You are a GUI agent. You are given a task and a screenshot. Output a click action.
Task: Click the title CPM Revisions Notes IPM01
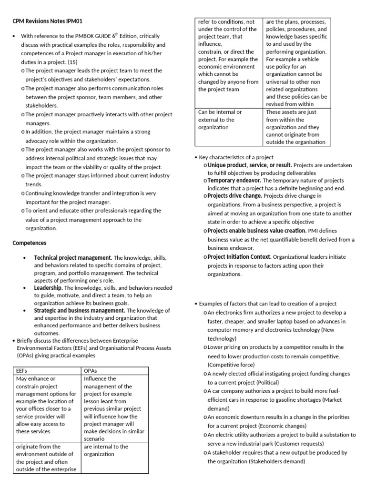point(50,21)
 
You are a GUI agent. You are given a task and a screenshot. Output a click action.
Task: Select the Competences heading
point(29,243)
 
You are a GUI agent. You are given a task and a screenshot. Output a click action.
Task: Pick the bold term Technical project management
point(73,257)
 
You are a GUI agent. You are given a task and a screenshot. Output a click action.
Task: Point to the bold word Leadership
point(48,288)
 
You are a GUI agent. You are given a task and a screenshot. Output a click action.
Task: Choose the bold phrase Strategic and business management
point(79,310)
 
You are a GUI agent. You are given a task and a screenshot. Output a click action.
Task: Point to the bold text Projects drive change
point(234,196)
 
